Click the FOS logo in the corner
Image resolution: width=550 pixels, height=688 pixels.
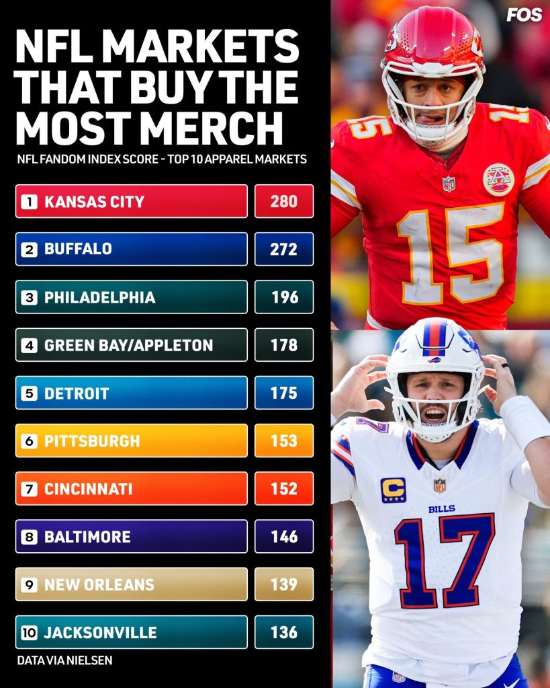[x=524, y=15]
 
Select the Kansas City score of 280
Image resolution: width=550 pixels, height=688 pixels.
[x=284, y=201]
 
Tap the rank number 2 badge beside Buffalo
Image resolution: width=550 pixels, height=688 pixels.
[x=30, y=250]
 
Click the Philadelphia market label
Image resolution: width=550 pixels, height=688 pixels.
[x=100, y=297]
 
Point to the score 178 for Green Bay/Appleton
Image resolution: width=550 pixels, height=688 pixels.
[x=284, y=345]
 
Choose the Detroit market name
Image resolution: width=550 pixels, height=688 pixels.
[x=77, y=393]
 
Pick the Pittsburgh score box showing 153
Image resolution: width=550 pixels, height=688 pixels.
[x=284, y=441]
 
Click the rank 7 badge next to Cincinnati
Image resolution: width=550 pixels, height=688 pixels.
[x=30, y=489]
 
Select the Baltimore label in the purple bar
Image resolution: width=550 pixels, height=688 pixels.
[x=88, y=537]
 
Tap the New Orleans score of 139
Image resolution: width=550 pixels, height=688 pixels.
[x=284, y=584]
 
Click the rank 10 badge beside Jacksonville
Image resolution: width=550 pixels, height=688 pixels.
[x=30, y=632]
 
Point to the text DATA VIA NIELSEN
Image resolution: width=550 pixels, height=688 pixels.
[x=64, y=660]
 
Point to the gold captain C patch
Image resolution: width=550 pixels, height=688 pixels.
[x=394, y=490]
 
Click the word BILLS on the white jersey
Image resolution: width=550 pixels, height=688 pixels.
[x=442, y=509]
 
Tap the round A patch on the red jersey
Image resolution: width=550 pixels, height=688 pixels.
[x=498, y=180]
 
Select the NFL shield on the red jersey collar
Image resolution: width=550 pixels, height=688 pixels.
[x=449, y=184]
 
